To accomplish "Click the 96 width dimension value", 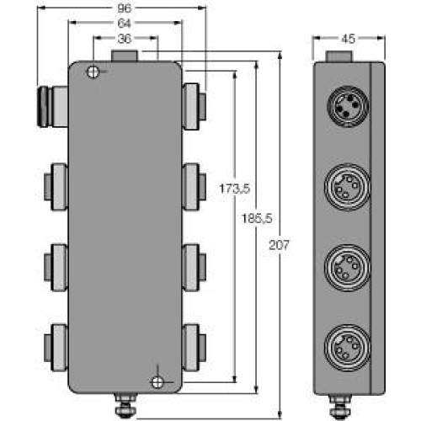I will tap(125, 10).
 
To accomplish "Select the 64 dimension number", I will tap(125, 24).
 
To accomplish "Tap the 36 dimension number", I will tap(125, 39).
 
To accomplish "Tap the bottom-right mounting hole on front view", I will tap(157, 383).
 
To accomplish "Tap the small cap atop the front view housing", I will tap(125, 56).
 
